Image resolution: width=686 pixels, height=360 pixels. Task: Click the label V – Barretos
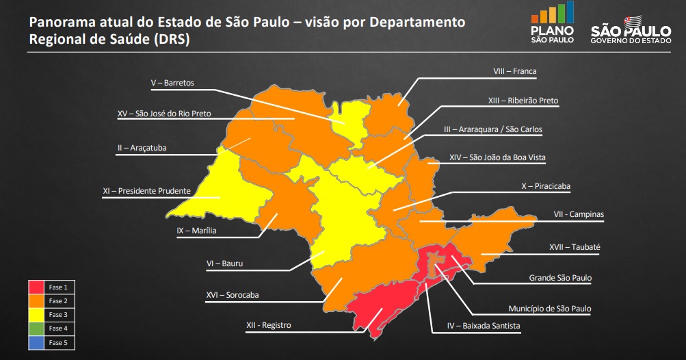172,83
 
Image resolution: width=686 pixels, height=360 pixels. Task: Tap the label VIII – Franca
515,70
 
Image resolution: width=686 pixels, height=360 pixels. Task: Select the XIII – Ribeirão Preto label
523,101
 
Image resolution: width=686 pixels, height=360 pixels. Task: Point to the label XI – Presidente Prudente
146,191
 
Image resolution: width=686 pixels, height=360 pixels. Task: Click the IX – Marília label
196,231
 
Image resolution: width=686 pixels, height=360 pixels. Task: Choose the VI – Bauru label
224,263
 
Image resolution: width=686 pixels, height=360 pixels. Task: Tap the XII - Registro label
268,325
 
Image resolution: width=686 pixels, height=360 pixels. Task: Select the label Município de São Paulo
549,309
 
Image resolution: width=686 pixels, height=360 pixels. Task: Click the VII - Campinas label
579,214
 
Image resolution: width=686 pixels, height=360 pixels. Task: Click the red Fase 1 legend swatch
36,286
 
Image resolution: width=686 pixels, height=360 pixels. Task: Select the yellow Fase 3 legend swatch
36,314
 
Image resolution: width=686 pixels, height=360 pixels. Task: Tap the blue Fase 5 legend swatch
36,342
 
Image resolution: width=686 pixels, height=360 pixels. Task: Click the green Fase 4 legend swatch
36,329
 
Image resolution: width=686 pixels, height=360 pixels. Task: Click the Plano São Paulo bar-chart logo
552,14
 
